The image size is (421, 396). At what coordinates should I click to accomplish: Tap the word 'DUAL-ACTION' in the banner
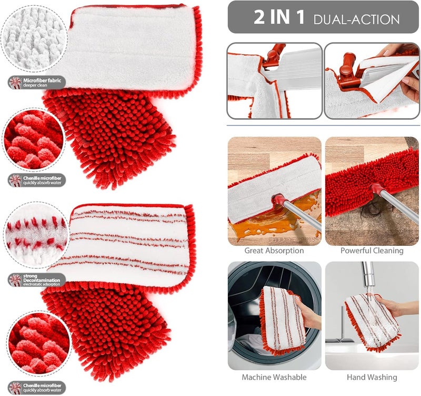click(357, 19)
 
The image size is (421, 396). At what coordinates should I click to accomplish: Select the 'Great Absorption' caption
click(274, 251)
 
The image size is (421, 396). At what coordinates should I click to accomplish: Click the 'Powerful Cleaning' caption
click(372, 251)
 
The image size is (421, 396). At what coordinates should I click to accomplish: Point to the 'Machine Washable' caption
click(274, 377)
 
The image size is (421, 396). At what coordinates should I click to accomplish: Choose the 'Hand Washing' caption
click(372, 377)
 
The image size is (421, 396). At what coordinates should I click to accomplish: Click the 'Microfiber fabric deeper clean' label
click(37, 82)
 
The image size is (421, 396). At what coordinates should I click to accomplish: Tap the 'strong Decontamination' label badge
click(37, 280)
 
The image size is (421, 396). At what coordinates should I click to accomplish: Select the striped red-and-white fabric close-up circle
click(37, 235)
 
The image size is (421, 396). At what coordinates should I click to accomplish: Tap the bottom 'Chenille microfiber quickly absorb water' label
click(37, 388)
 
